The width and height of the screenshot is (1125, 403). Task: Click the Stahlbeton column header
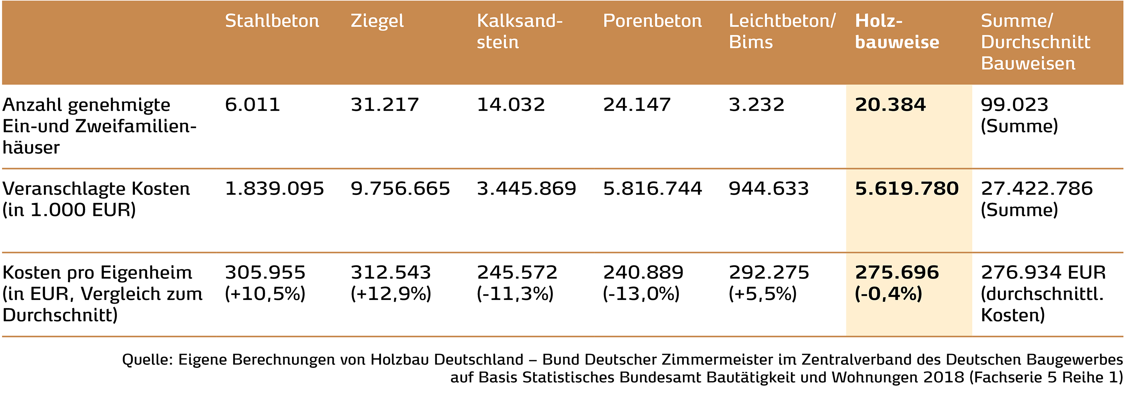271,21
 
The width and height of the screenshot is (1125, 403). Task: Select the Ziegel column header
377,21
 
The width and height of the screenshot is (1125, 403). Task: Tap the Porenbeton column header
652,21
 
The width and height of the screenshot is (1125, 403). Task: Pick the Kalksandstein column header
519,31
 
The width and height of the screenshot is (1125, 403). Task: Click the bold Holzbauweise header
897,31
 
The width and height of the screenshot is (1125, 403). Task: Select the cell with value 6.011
252,105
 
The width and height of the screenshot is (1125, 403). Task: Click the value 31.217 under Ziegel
384,105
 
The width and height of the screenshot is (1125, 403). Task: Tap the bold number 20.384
890,105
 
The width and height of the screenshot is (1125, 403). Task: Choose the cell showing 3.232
756,105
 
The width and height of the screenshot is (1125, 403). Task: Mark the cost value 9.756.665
400,189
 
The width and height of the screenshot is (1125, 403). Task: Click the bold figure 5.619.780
907,189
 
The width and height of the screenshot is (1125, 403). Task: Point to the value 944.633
769,189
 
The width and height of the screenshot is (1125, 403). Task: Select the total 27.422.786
1036,189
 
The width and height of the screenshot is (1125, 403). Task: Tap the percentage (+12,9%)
391,294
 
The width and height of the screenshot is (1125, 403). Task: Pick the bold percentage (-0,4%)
888,294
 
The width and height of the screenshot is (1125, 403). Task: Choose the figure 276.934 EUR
1043,273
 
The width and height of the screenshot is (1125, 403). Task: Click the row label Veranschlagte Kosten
96,189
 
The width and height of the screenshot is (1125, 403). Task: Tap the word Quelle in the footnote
147,360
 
